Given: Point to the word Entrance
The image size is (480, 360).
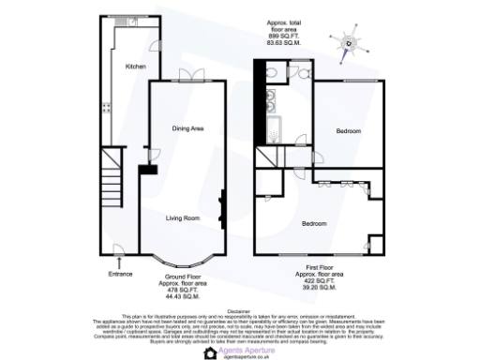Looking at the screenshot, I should [120, 274].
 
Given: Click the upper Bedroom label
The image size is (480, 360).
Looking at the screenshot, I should [349, 130].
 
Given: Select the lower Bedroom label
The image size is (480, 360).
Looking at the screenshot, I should [314, 223].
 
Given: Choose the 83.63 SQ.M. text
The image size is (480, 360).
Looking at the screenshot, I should [282, 42].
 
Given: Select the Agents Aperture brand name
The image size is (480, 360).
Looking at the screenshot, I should [246, 344].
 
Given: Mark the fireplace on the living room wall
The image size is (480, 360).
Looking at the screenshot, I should [222, 208].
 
